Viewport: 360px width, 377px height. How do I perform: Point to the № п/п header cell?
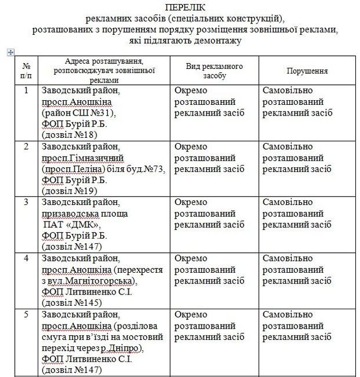pyautogui.click(x=25, y=71)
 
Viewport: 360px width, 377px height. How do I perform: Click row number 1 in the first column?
pyautogui.click(x=25, y=91)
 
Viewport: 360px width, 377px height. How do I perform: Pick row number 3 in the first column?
pyautogui.click(x=25, y=201)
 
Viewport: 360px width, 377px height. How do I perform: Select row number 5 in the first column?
pyautogui.click(x=25, y=313)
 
